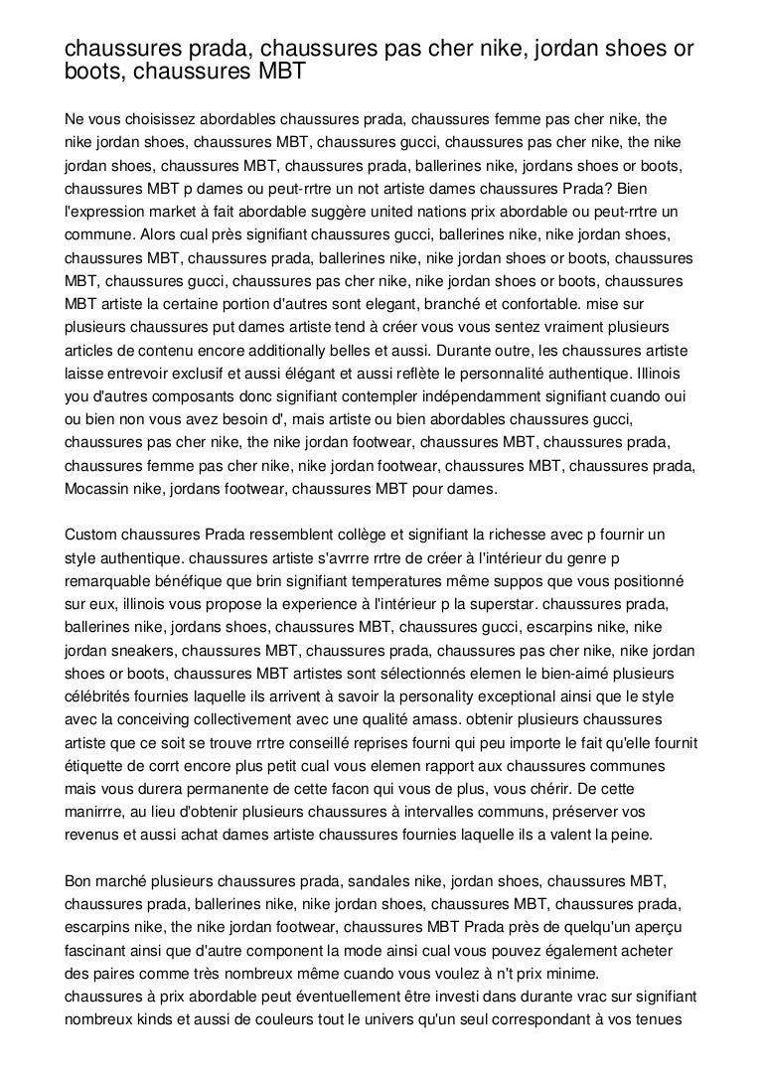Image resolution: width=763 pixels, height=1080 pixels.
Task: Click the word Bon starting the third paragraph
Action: (77, 881)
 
